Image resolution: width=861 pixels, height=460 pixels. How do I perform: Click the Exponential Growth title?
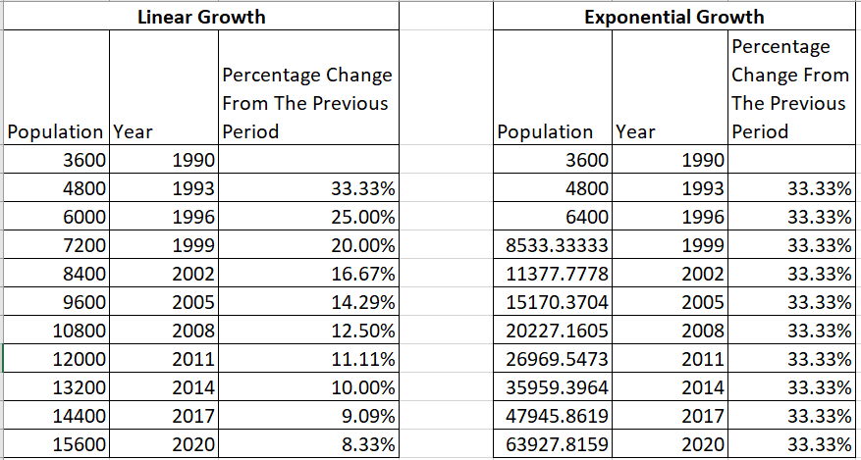click(673, 17)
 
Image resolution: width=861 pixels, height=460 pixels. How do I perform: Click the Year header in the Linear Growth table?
click(133, 131)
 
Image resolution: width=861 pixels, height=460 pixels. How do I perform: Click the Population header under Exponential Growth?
click(545, 131)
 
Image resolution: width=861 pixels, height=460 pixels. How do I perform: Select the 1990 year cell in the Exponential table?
click(701, 159)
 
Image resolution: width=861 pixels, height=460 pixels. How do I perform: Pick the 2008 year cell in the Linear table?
click(193, 330)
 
